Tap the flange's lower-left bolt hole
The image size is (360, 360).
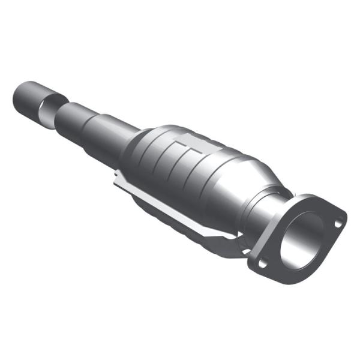(x=262, y=262)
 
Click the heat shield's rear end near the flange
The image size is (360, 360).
(x=237, y=243)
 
